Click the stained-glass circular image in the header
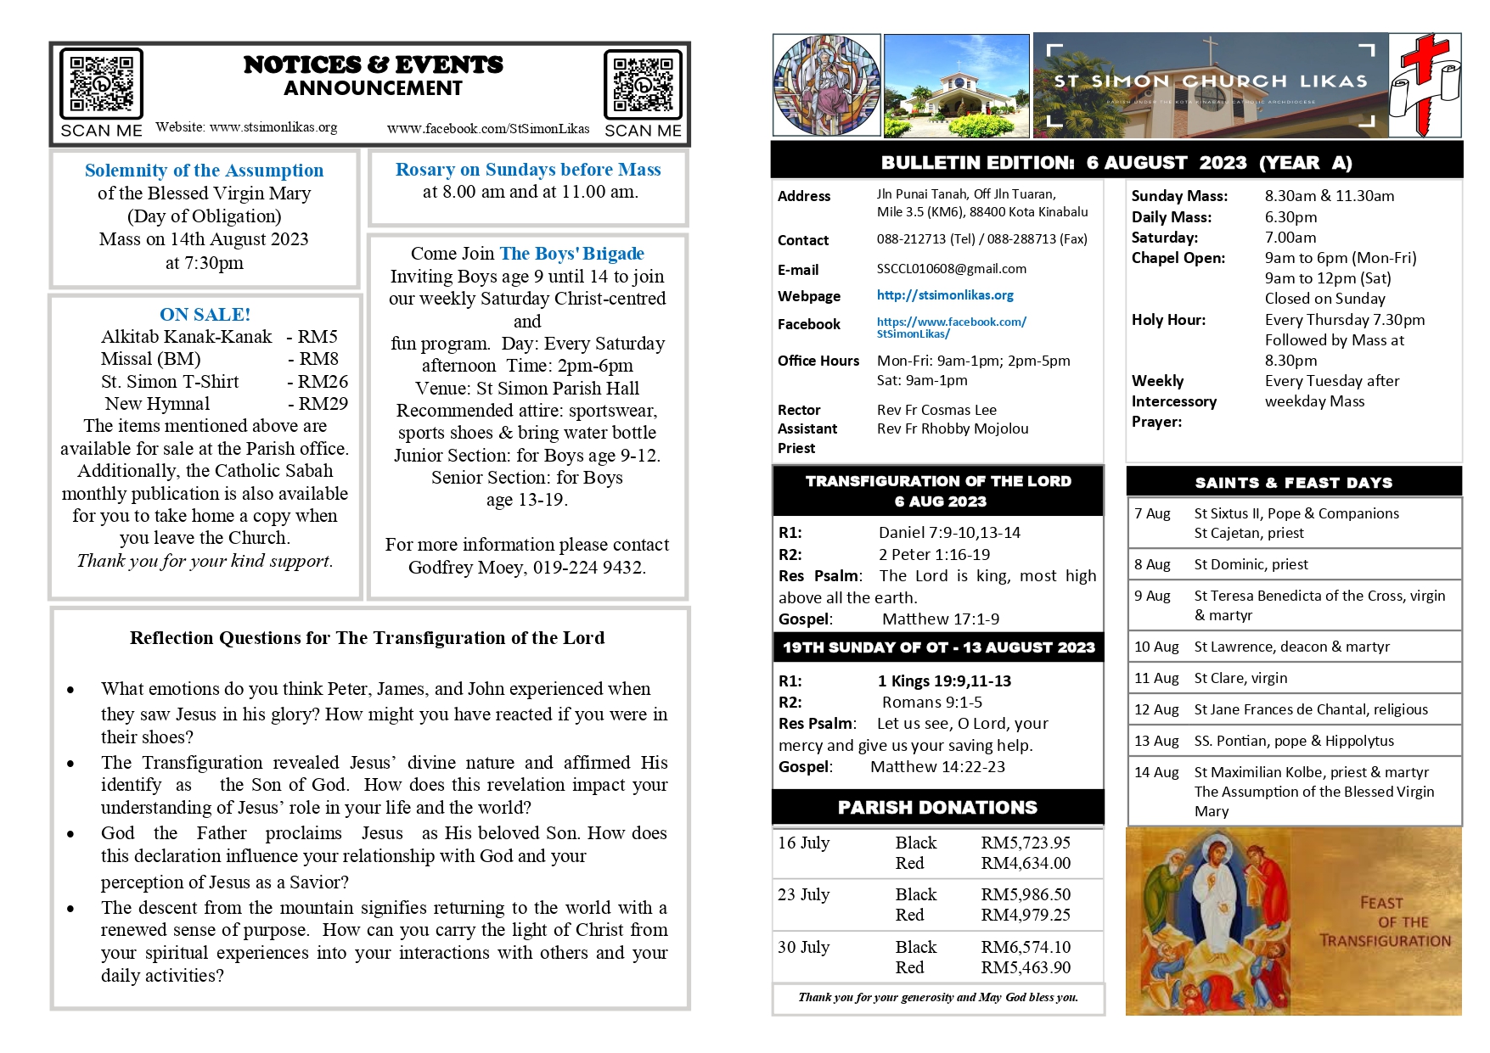tap(826, 85)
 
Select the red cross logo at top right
tap(1425, 85)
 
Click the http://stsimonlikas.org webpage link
tap(945, 295)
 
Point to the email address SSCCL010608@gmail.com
tap(951, 269)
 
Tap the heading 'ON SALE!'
tap(205, 315)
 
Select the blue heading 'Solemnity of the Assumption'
tap(204, 171)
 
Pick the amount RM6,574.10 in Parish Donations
tap(1026, 947)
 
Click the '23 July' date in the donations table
tap(803, 895)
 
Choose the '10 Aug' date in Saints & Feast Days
tap(1155, 647)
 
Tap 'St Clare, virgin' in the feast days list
tap(1240, 679)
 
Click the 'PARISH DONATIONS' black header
tap(937, 808)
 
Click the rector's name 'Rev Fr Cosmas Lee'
tap(936, 411)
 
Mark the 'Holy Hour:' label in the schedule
tap(1168, 321)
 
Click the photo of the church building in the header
tap(956, 86)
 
